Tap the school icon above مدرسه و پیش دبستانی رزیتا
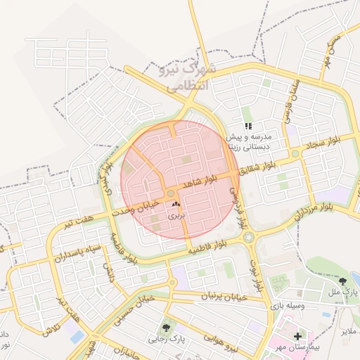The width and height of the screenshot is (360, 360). (x=247, y=126)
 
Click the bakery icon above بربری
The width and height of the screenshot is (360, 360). (x=176, y=205)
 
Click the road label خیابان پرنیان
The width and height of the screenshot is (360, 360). (x=225, y=297)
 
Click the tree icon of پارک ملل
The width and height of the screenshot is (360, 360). (x=342, y=281)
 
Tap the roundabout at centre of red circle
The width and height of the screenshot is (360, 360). (x=171, y=194)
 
